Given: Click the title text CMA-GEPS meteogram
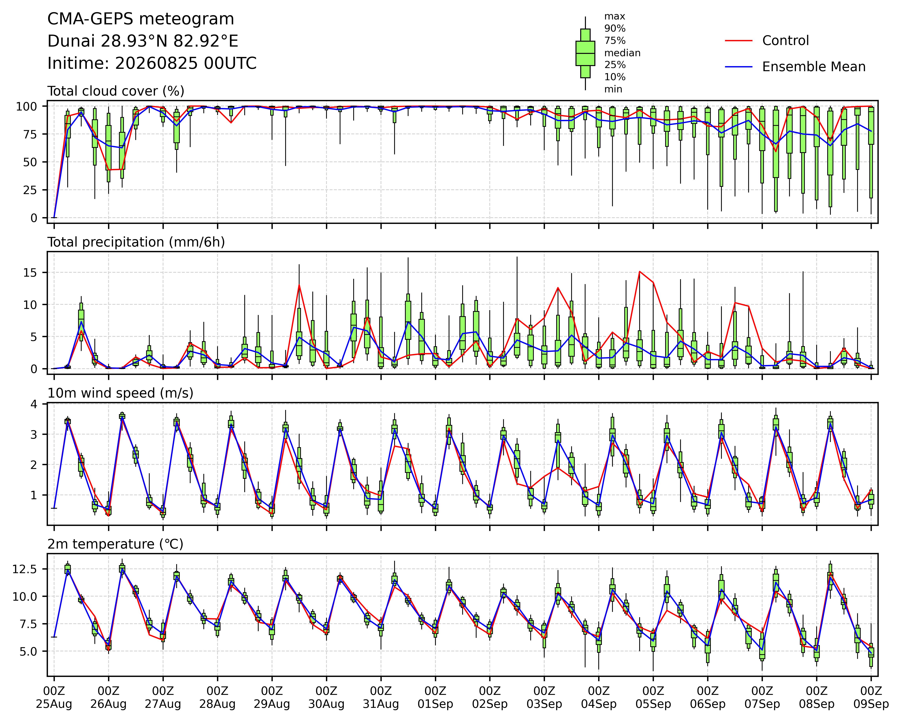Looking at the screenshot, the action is coord(141,19).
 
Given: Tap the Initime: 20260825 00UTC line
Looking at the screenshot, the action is coord(152,64).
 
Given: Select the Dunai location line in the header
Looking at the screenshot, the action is coord(143,41).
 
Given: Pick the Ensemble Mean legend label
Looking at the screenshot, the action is coord(814,67).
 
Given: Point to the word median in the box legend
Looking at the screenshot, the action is coord(622,53).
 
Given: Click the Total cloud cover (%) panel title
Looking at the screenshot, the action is coord(116,91).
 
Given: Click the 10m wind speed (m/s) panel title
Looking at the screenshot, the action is coord(120,393).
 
